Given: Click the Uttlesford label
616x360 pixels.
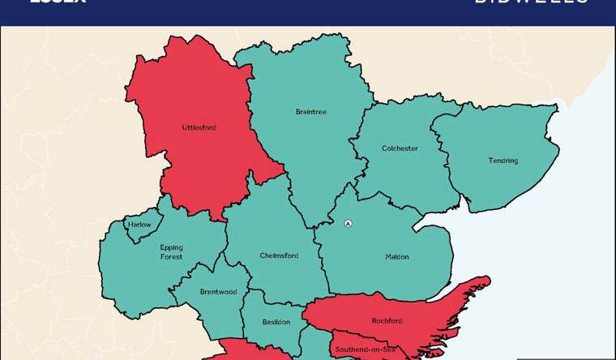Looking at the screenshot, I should (x=199, y=127).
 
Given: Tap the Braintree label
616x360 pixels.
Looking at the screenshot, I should (x=311, y=112).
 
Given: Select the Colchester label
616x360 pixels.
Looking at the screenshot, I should (x=400, y=148).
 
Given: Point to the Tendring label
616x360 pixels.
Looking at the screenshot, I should (x=503, y=161).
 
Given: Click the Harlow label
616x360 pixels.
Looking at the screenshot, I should (x=139, y=225).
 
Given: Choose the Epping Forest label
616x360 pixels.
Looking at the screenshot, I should (x=171, y=251).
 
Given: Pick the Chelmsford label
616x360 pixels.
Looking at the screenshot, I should (x=279, y=255).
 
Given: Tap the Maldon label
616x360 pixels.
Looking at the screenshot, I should (x=397, y=257).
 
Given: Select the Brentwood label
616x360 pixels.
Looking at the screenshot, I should (x=218, y=292).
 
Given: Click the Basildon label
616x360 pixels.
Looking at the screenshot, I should (x=276, y=322).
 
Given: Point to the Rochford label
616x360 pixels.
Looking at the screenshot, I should (x=387, y=321).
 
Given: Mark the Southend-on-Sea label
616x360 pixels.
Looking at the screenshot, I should (x=365, y=349).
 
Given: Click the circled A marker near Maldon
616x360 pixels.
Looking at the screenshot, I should (x=349, y=224).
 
